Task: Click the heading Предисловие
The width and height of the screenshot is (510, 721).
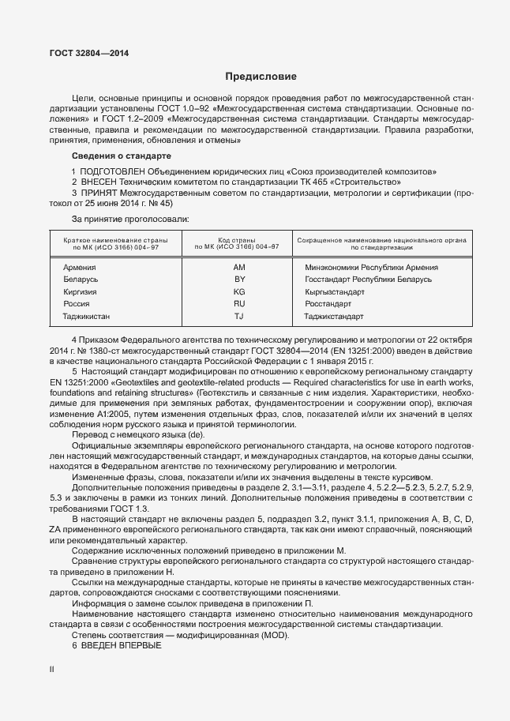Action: coord(261,77)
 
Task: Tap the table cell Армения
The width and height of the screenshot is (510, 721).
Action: coord(79,267)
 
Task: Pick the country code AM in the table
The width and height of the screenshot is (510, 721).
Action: coord(240,267)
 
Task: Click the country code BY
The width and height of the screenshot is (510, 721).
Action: coord(240,280)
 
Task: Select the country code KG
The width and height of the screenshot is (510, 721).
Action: coord(240,291)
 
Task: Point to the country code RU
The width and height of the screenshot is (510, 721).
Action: coord(240,304)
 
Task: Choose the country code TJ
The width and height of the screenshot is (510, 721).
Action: coord(240,317)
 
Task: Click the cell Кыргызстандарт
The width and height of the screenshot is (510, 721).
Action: coord(334,291)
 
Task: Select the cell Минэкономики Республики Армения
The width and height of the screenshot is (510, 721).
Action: coord(371,267)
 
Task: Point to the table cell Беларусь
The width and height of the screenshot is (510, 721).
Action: coord(81,280)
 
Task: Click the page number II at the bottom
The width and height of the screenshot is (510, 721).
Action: coord(52,669)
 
